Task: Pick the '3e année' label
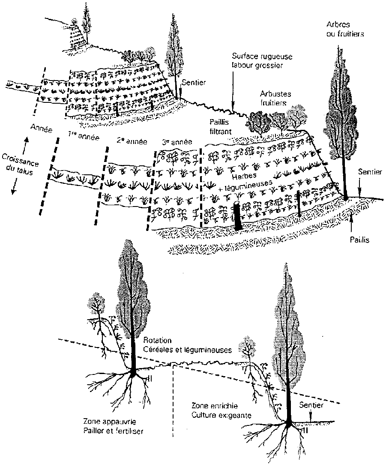176,142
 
